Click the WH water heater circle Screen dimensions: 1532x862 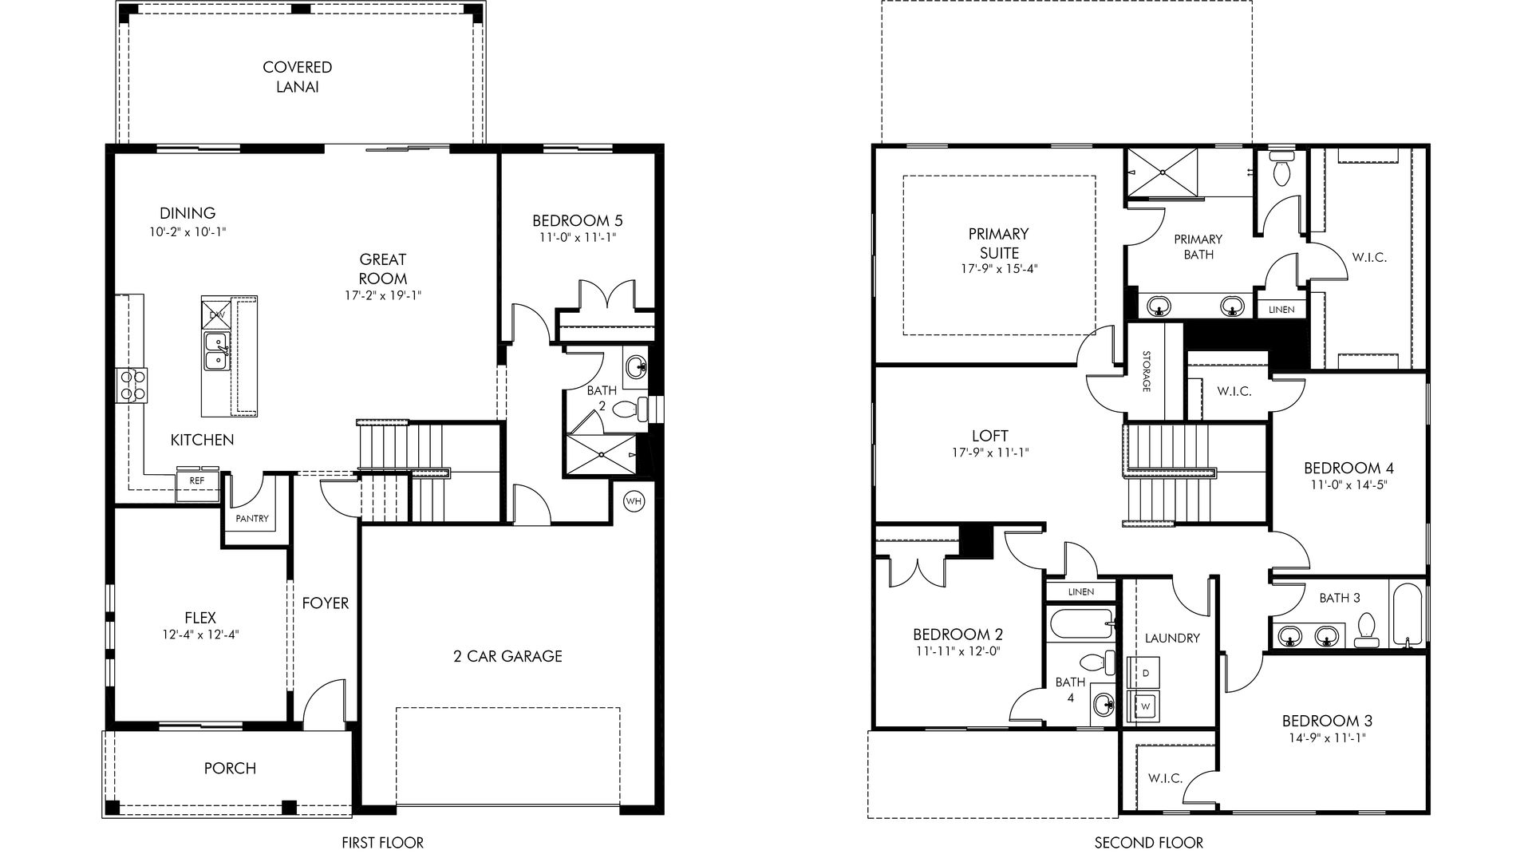click(x=634, y=501)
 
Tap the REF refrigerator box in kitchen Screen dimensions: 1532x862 click(x=196, y=480)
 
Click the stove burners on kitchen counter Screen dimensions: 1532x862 click(x=132, y=384)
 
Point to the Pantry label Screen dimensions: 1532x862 click(x=252, y=519)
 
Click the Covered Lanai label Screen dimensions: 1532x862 click(x=298, y=77)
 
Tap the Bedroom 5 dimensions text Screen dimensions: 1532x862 click(x=577, y=237)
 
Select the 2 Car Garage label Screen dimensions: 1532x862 click(x=507, y=656)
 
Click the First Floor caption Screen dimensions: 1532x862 click(x=383, y=842)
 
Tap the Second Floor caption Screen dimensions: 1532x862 click(x=1149, y=842)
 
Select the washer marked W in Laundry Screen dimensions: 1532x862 click(x=1145, y=706)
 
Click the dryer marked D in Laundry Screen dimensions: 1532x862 click(x=1145, y=674)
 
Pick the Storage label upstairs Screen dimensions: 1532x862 click(x=1146, y=371)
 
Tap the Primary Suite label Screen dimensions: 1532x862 click(x=999, y=243)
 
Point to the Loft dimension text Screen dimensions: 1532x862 click(x=990, y=453)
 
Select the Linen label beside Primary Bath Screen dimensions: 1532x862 click(x=1281, y=310)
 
